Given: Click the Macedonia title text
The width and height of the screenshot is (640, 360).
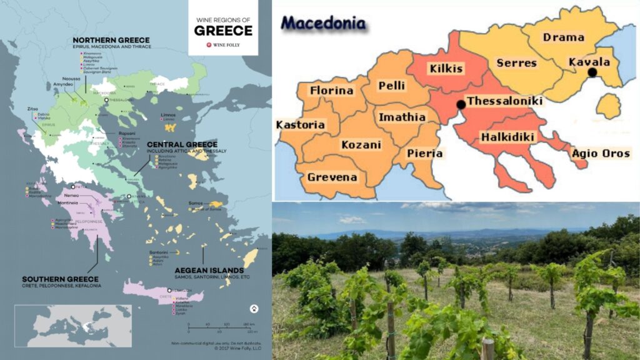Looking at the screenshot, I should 323,23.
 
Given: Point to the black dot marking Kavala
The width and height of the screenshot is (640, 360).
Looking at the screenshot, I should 592,72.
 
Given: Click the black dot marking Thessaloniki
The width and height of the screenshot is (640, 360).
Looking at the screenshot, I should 461,104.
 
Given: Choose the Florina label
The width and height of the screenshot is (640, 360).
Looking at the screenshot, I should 332,91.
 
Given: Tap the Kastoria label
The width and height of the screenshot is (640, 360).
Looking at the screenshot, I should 300,125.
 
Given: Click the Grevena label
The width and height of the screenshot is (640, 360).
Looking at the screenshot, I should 332,177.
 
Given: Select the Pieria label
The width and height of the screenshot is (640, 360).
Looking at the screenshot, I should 425,153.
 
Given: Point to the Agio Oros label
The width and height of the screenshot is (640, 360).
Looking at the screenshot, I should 601,153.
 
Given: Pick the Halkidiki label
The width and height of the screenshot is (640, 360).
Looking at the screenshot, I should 506,137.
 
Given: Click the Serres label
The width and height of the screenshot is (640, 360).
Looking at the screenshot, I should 516,63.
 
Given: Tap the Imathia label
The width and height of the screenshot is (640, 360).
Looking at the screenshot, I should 401,117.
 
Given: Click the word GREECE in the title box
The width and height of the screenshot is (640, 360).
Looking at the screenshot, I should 223,31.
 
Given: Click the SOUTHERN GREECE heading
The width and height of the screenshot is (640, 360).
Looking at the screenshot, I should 60,279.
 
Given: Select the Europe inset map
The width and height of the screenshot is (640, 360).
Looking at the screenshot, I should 73,325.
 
